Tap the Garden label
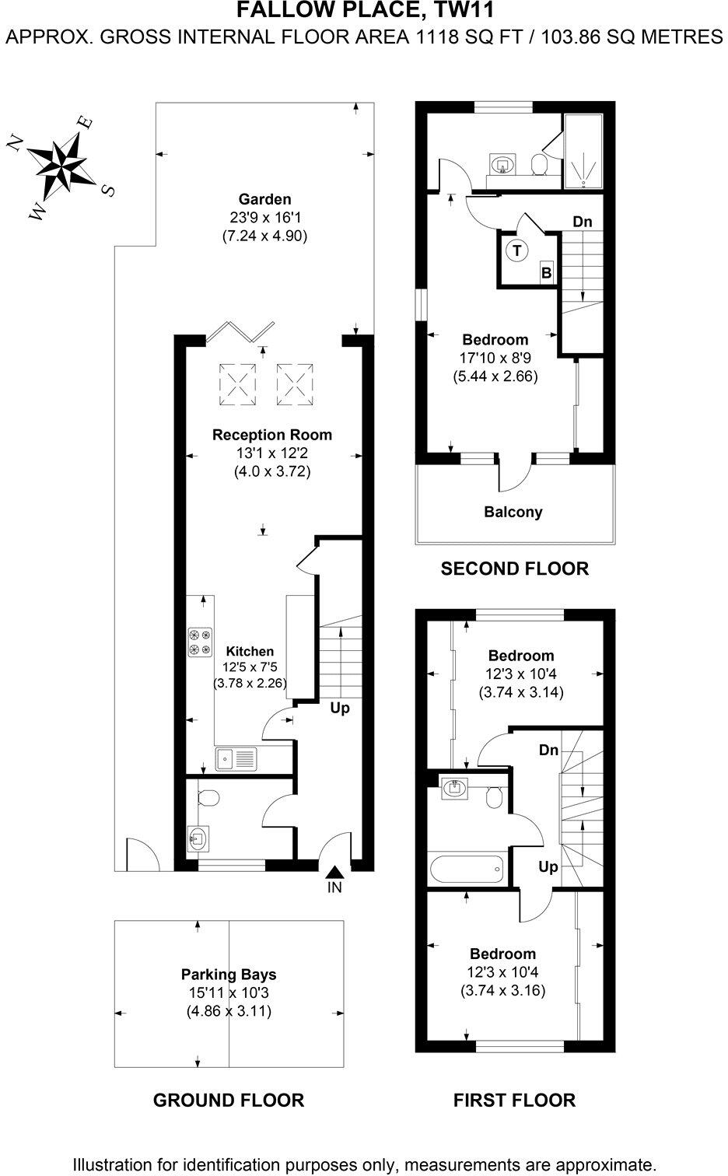tap(264, 199)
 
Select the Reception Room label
tap(271, 435)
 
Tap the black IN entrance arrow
tap(334, 873)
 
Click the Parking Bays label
tap(229, 974)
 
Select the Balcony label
tap(513, 512)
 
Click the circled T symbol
tap(516, 250)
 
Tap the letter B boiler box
tap(546, 273)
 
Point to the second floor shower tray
tap(583, 152)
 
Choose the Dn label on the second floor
tap(583, 222)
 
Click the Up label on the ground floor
tap(340, 708)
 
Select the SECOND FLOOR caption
tap(514, 569)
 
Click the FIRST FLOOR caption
tap(514, 1100)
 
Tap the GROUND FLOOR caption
tap(228, 1100)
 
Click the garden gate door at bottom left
tap(140, 856)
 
